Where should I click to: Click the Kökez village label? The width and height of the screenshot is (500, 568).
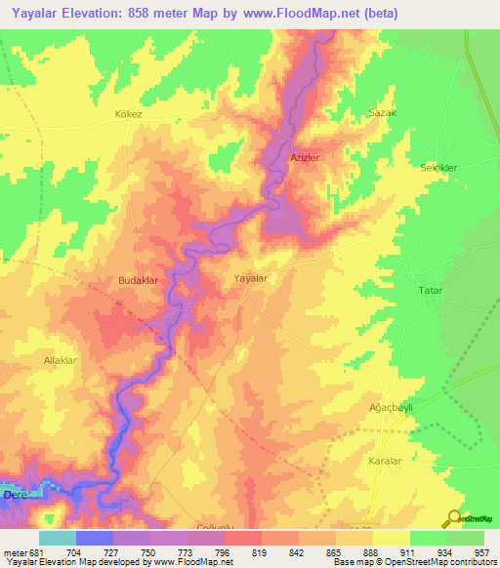(128, 114)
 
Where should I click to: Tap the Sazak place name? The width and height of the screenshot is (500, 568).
(382, 113)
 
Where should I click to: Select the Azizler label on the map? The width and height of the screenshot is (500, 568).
(305, 157)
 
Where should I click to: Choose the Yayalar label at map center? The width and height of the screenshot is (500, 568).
(251, 278)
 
